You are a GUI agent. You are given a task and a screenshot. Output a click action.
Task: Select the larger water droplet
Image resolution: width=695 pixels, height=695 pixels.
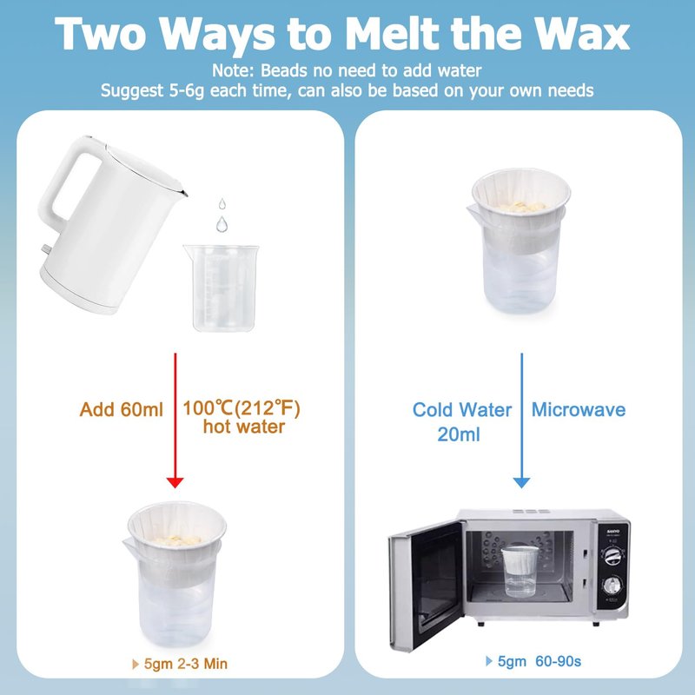(x=222, y=224)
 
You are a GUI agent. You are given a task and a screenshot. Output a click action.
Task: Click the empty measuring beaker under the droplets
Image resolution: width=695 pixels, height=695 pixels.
(x=222, y=288)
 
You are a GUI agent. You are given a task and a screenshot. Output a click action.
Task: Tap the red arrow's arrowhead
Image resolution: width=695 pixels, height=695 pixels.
(x=175, y=482)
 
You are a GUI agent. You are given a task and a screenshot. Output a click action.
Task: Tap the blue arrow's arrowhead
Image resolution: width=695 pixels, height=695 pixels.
(x=522, y=482)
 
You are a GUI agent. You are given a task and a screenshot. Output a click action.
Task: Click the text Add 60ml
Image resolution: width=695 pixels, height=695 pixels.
(x=122, y=409)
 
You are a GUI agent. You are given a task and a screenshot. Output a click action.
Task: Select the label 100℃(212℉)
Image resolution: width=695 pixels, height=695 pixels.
(x=242, y=407)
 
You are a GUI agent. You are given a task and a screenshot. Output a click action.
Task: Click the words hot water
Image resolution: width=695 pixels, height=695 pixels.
(x=244, y=427)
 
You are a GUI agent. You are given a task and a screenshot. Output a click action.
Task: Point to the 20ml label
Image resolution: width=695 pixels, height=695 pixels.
(x=459, y=434)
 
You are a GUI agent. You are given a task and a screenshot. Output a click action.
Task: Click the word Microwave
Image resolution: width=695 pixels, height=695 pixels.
(x=579, y=409)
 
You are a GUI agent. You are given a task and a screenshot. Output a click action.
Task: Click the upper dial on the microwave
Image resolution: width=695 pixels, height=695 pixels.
(x=613, y=555)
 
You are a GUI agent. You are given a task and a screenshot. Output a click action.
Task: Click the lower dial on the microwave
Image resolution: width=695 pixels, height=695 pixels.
(x=612, y=586)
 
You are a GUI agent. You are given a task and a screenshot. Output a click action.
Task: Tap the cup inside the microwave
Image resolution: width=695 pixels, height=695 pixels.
(x=520, y=571)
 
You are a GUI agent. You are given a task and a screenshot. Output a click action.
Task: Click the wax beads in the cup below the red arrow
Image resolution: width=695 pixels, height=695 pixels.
(x=177, y=540)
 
